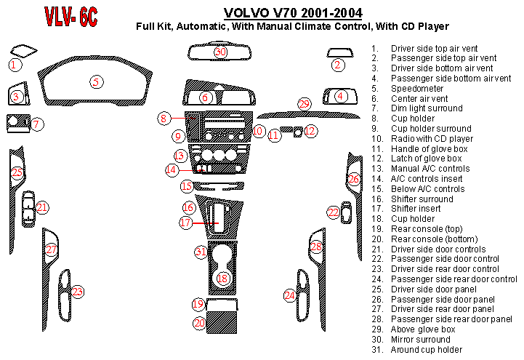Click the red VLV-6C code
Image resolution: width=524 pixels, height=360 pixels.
point(71,16)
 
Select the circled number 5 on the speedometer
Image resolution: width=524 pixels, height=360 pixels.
point(96,81)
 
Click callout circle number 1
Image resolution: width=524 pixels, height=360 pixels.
point(14,65)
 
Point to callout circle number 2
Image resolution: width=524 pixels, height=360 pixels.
point(338,65)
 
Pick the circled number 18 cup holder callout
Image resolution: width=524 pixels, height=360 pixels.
point(223,278)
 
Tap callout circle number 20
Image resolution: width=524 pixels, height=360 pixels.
point(198,322)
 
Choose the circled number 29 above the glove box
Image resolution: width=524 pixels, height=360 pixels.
point(305,104)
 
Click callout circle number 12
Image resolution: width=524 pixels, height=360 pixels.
point(310,131)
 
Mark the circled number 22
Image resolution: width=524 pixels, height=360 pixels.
point(333,212)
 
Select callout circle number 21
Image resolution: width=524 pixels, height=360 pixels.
point(42,208)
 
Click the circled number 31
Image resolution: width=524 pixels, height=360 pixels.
point(201,252)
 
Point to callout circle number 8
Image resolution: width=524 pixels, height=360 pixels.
point(165,118)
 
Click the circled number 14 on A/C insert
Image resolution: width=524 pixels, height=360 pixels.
point(172,169)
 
